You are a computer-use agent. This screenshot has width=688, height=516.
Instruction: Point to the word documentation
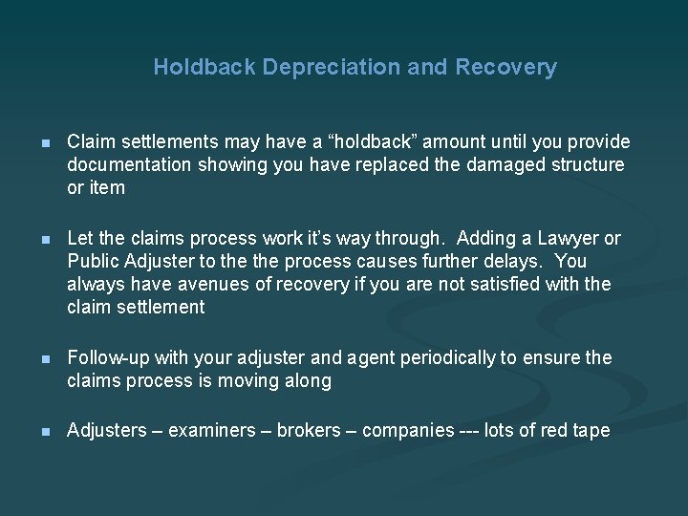pyautogui.click(x=125, y=165)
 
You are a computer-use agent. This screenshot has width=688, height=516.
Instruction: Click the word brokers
pyautogui.click(x=309, y=431)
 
